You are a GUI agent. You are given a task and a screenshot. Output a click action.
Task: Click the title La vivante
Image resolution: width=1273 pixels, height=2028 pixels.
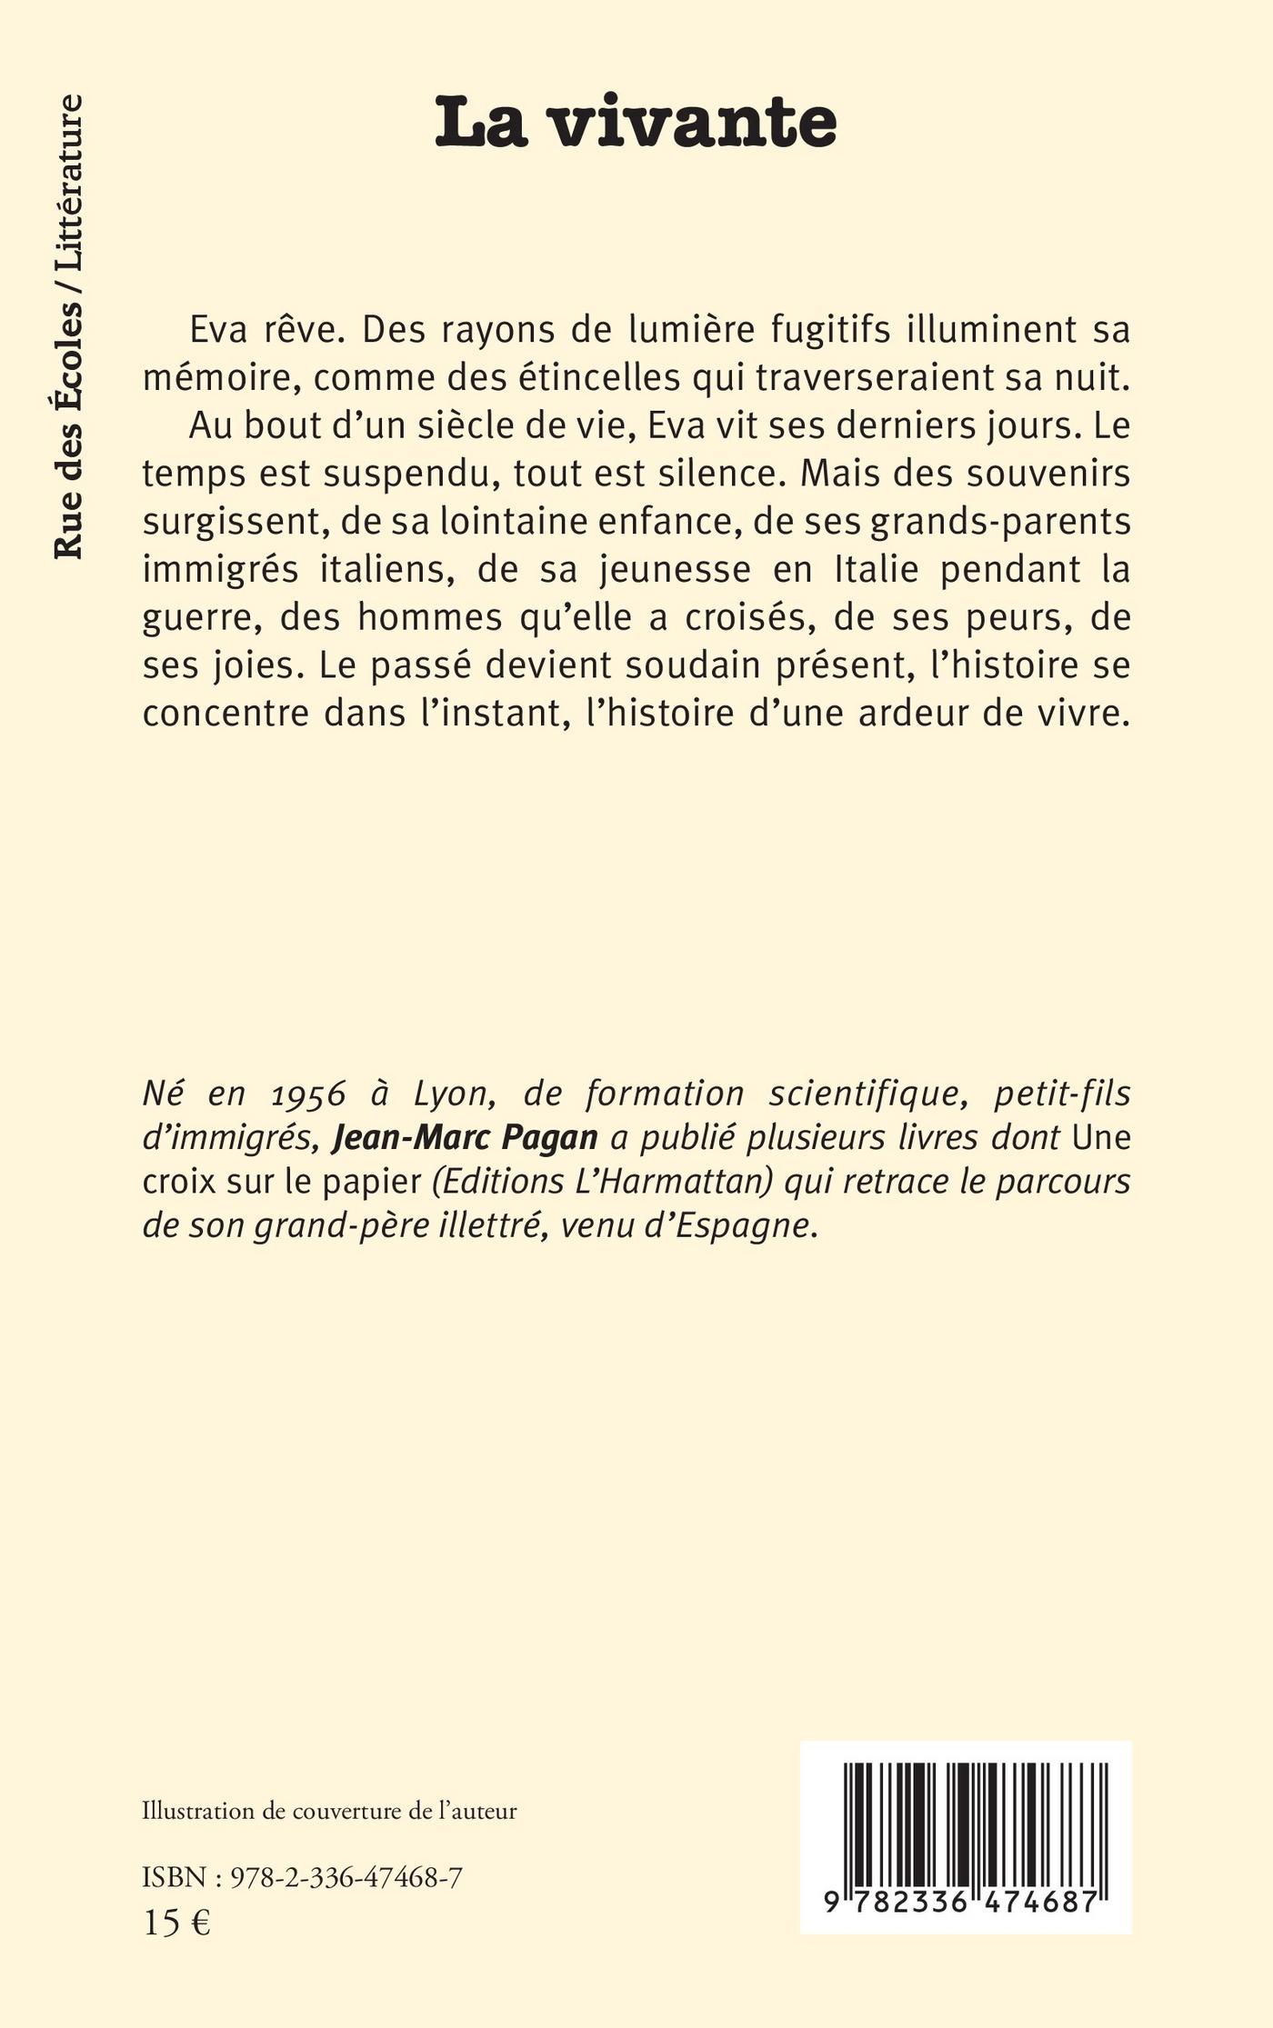tap(635, 125)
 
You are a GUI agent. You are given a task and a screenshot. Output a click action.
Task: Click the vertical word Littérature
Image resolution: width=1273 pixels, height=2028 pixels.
tap(68, 182)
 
